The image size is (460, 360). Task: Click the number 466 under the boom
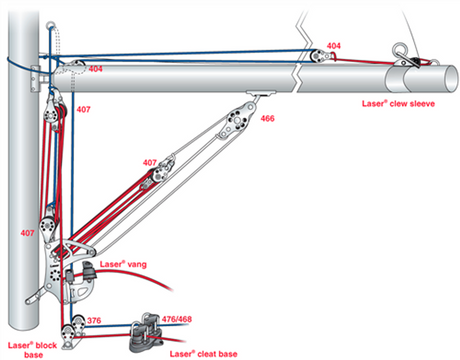(x=267, y=118)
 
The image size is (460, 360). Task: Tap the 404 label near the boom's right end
(x=334, y=46)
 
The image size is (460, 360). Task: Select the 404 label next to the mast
(x=96, y=69)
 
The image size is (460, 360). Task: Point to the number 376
(x=94, y=320)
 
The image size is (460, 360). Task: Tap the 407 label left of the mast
(x=27, y=232)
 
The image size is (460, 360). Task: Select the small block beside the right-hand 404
(x=319, y=55)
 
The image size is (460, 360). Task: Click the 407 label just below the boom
(x=84, y=107)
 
